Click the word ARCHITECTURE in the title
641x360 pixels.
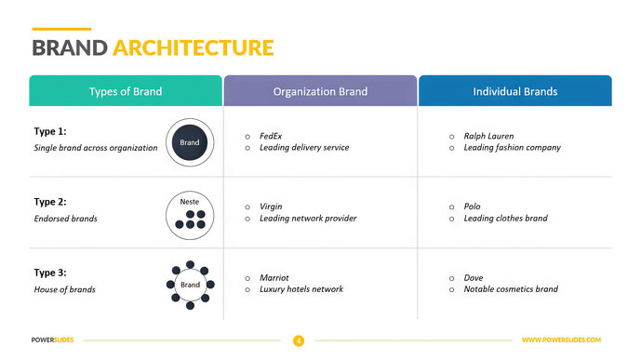(194, 48)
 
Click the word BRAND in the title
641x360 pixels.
(69, 48)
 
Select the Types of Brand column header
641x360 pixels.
(126, 91)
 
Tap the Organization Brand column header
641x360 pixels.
(320, 91)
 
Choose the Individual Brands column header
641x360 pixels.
(514, 91)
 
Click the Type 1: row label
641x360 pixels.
(50, 132)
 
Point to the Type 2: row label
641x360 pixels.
(50, 202)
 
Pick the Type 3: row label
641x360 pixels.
(50, 273)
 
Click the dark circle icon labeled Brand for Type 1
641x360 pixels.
(190, 142)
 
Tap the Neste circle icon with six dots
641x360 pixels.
(190, 213)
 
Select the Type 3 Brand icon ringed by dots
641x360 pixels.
(190, 284)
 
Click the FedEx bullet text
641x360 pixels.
(271, 136)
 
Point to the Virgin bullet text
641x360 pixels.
(271, 207)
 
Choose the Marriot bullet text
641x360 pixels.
(274, 277)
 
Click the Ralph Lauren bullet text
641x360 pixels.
(488, 136)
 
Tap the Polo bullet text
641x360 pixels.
(473, 207)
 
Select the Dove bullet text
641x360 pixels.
(474, 277)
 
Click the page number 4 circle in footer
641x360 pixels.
(299, 340)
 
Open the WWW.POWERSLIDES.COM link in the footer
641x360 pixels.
(561, 340)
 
